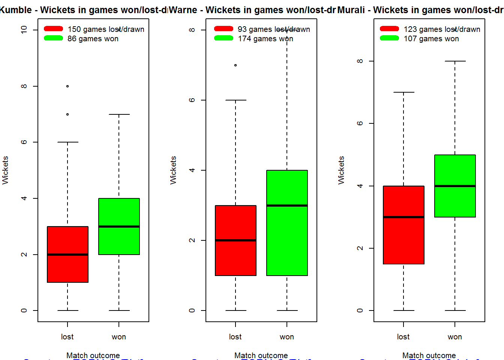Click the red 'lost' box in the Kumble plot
point(67,262)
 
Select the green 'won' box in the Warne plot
point(287,240)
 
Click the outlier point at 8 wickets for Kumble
point(67,86)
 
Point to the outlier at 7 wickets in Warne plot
point(235,65)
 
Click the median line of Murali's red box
point(403,217)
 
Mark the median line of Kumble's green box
point(119,226)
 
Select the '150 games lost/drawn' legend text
point(106,29)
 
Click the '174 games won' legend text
point(265,39)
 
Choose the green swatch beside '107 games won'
point(389,38)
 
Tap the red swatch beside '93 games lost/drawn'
point(223,28)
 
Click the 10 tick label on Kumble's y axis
point(24,30)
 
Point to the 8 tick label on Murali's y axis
point(360,61)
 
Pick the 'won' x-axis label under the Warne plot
point(287,337)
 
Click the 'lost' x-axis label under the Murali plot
point(403,337)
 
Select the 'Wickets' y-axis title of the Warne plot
point(173,170)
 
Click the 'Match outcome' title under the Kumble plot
point(93,355)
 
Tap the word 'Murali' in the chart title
point(351,10)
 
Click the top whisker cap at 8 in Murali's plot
point(455,61)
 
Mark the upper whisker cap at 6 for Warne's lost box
point(235,100)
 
